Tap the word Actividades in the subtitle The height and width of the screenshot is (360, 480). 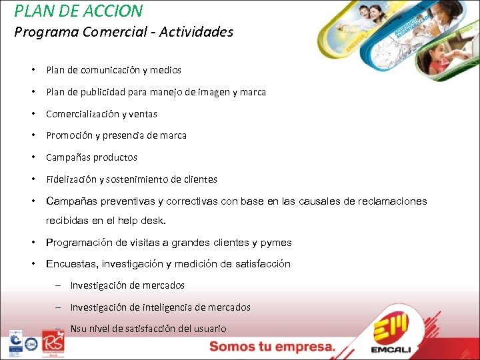196,32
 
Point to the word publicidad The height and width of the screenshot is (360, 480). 108,92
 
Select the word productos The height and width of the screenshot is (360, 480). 115,157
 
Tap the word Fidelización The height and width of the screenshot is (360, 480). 71,179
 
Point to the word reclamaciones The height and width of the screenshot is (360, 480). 394,201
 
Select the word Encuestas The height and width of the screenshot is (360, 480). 70,264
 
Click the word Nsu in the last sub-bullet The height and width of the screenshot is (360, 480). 78,329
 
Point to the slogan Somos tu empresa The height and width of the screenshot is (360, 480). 272,347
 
